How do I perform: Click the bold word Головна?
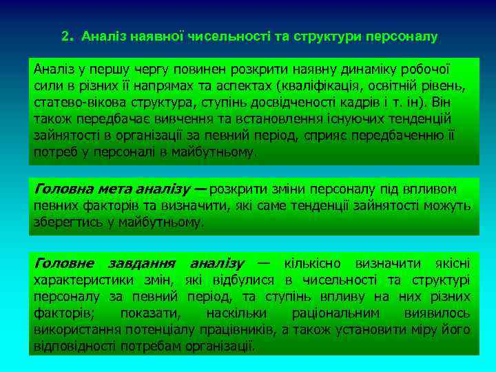[63, 189]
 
